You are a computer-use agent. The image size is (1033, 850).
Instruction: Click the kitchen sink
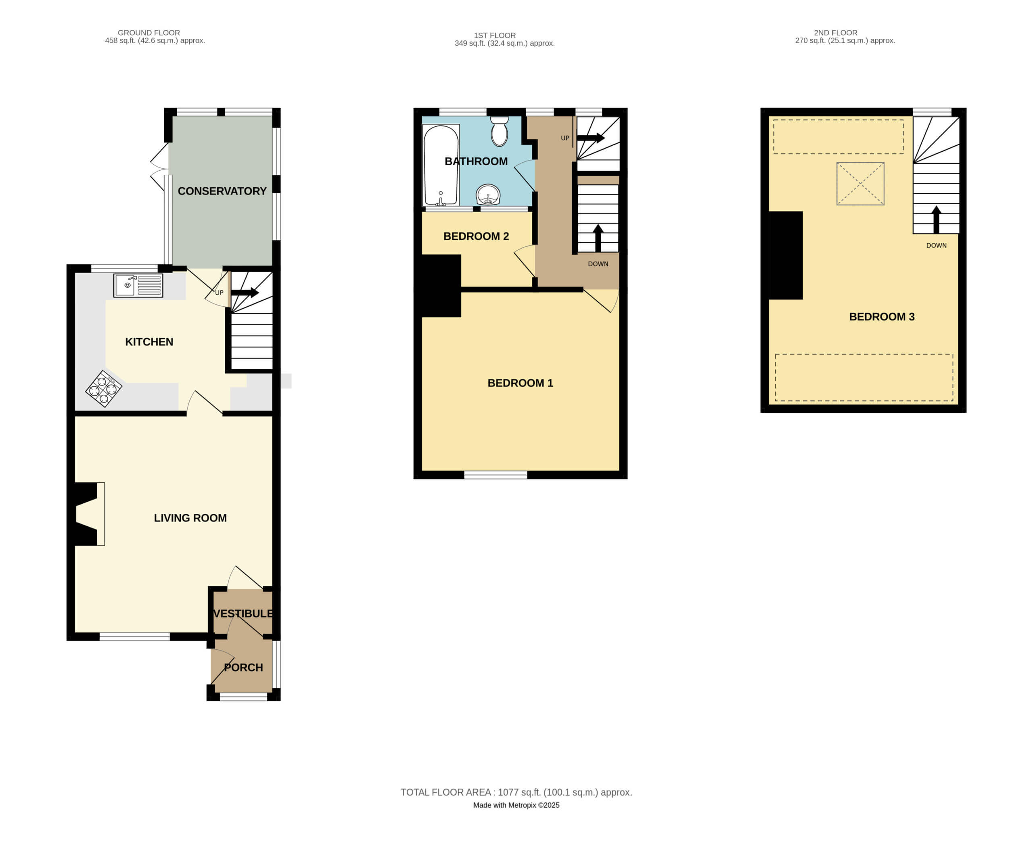[x=138, y=285]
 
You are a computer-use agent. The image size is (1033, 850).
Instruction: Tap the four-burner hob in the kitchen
[x=104, y=389]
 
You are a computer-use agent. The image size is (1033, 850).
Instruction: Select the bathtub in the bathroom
[x=441, y=165]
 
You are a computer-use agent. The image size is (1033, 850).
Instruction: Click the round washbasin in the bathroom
[x=488, y=195]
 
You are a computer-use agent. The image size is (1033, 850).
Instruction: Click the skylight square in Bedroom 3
[x=860, y=184]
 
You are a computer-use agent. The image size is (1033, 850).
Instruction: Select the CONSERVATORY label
[x=222, y=191]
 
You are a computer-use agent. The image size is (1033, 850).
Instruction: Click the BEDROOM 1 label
[x=521, y=383]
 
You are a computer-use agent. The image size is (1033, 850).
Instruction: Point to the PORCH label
[x=243, y=668]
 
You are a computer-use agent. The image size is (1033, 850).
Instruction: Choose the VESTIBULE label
[x=243, y=613]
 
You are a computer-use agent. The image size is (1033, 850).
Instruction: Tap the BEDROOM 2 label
[x=476, y=236]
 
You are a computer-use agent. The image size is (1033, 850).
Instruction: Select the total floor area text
[x=516, y=792]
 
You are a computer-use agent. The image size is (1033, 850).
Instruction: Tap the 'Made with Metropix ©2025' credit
[x=516, y=805]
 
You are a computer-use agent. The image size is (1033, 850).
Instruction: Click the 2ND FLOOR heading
[x=835, y=33]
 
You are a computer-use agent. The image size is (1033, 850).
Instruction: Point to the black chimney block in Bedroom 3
[x=785, y=255]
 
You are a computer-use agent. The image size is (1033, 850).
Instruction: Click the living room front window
[x=135, y=636]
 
